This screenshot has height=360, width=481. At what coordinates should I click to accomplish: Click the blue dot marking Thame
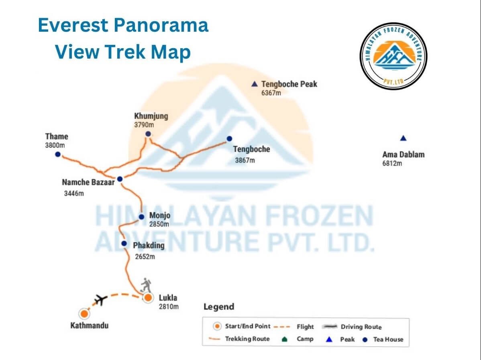point(58,154)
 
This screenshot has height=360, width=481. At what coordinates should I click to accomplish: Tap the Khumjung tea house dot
point(148,134)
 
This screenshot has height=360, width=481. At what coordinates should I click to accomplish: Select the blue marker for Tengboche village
point(229,138)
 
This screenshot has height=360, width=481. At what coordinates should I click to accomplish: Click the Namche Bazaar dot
point(120,179)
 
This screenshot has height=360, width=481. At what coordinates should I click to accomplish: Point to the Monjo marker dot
point(141,217)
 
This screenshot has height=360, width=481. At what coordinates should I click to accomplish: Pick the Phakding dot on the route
point(124,244)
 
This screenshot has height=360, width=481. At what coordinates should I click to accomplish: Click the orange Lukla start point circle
point(148,297)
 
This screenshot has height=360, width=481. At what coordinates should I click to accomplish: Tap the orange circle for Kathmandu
point(84,314)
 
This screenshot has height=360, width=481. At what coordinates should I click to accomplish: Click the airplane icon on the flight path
point(100,299)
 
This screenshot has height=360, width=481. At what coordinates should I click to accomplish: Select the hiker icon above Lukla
point(146,285)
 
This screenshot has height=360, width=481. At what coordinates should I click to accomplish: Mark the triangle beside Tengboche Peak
point(254,84)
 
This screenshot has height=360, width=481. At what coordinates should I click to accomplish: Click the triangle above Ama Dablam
point(404,138)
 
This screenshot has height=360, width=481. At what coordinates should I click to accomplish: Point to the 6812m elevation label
point(392,163)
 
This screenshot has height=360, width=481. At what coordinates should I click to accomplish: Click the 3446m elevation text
point(74,193)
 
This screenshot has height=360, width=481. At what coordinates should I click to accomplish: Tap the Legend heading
point(219,307)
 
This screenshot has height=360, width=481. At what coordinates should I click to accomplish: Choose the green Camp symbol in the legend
point(284,339)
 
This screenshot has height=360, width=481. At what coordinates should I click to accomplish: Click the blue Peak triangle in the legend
point(329,339)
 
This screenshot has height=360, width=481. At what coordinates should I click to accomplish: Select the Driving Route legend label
point(361,327)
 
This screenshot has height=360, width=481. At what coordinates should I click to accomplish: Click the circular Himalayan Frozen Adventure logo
point(393,56)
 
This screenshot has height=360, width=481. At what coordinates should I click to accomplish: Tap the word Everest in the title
point(73,25)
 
